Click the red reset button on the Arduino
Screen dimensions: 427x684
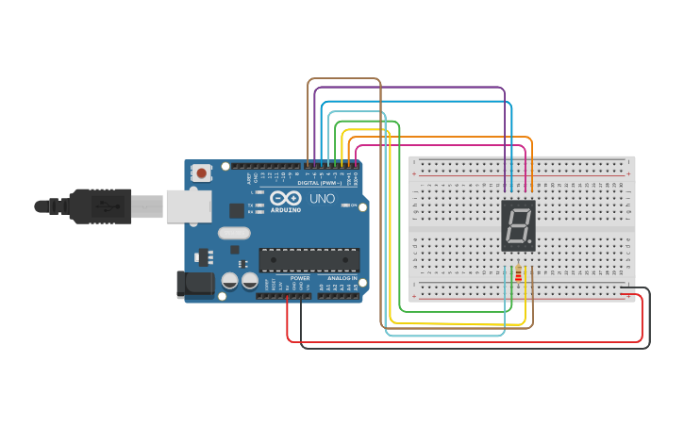(201, 172)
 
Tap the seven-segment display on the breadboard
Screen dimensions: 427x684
(518, 225)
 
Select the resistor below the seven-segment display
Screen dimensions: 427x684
(518, 273)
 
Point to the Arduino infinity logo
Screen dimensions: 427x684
(286, 199)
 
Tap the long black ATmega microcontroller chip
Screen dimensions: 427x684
(309, 259)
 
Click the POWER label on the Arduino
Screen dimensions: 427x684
(300, 278)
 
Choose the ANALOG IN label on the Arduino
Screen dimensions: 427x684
(342, 278)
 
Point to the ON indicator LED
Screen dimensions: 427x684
(345, 205)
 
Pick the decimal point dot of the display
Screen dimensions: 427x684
(530, 243)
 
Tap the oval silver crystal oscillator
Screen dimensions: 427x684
(234, 233)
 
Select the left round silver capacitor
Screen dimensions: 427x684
(229, 280)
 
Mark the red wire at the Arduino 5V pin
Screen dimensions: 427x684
(288, 297)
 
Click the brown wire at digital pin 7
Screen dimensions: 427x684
(309, 165)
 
